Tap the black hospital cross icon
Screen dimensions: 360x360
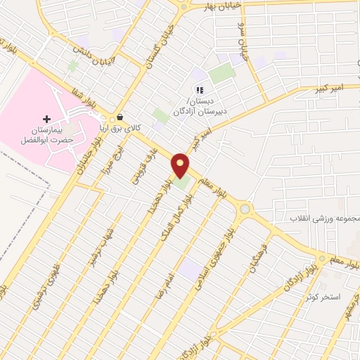(x=47, y=119)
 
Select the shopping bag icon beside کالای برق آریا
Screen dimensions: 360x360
(x=120, y=117)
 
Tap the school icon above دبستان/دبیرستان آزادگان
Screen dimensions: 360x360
(x=199, y=90)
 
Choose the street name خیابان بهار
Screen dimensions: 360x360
(x=223, y=6)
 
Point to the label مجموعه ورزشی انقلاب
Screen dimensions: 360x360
(x=326, y=219)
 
